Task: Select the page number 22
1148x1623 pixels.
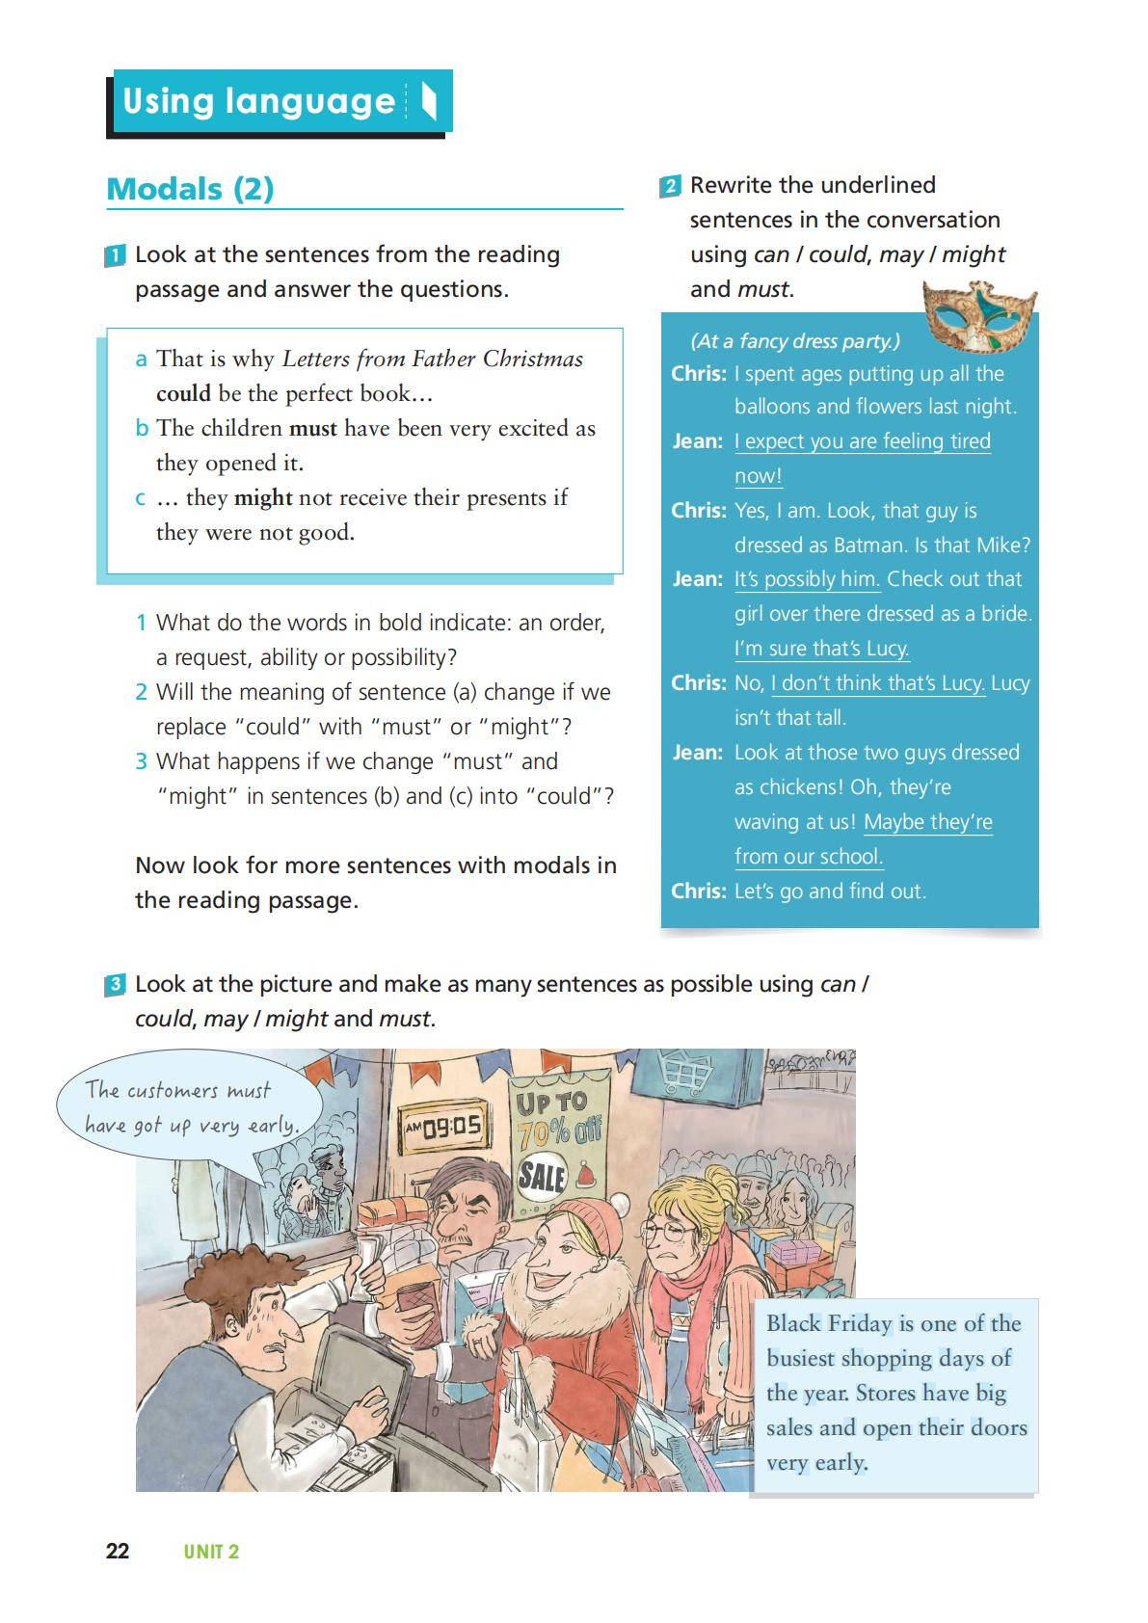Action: [118, 1551]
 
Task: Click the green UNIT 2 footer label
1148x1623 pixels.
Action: [211, 1551]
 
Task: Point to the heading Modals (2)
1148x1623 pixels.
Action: [190, 189]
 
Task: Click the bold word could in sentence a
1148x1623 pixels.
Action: [183, 393]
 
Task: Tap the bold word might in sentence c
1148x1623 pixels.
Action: [262, 497]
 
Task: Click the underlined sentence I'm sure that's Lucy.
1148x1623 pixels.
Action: [821, 649]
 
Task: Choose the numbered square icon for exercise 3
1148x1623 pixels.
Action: [115, 985]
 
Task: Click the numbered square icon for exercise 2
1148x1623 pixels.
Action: [670, 186]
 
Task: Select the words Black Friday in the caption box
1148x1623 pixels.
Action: [829, 1323]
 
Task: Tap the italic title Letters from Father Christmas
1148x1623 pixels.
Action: [432, 359]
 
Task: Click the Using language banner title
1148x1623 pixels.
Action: [258, 101]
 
